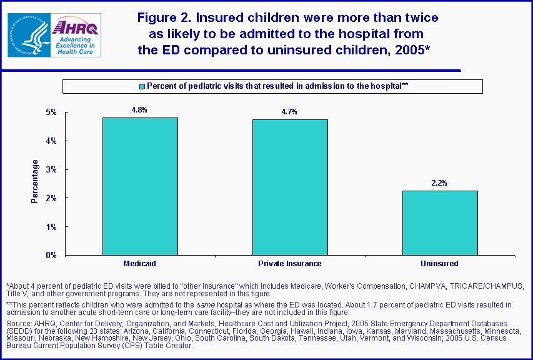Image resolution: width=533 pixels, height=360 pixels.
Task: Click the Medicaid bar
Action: click(x=140, y=186)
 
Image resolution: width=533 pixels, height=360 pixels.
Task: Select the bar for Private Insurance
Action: click(x=289, y=187)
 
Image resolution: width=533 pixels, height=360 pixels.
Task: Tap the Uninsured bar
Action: click(x=439, y=222)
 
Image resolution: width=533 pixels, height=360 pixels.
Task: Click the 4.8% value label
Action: click(x=139, y=110)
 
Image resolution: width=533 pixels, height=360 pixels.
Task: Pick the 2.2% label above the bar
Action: click(x=439, y=183)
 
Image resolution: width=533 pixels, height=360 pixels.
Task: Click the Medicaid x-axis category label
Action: click(x=139, y=264)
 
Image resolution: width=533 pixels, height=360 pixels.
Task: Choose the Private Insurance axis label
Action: click(x=289, y=264)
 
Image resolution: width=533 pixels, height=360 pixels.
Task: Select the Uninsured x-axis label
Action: click(x=439, y=264)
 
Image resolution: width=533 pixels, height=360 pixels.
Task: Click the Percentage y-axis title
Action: click(x=36, y=181)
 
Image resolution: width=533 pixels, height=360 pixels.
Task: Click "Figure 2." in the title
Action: click(x=164, y=17)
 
